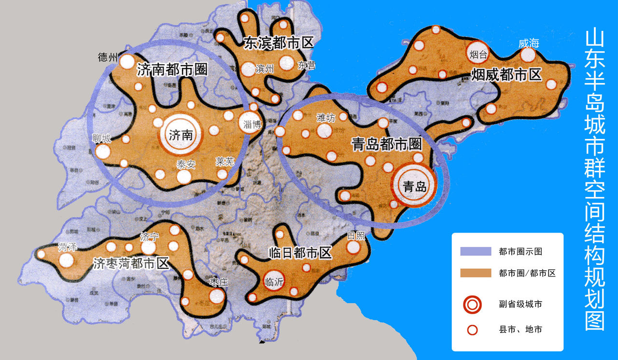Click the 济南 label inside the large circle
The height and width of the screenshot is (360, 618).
click(181, 136)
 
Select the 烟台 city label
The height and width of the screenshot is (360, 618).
click(478, 55)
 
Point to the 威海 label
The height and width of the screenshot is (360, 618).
click(528, 43)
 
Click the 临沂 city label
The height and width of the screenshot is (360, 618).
click(274, 282)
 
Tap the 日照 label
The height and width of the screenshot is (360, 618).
click(356, 236)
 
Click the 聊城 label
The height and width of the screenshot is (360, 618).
click(102, 139)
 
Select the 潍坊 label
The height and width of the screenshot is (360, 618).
click(325, 117)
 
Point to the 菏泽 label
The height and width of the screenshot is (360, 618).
click(67, 248)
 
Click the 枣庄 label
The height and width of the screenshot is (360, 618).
click(219, 282)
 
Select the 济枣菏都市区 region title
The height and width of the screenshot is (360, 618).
click(131, 264)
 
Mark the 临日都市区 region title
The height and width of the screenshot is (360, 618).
click(300, 252)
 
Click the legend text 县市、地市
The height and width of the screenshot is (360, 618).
click(520, 330)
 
